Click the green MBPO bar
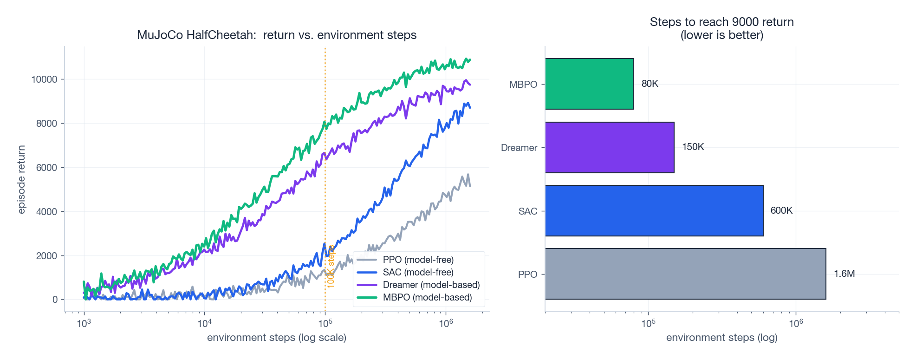pyautogui.click(x=589, y=84)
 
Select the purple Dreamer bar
pyautogui.click(x=609, y=147)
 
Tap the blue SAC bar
pyautogui.click(x=654, y=211)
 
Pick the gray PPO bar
pyautogui.click(x=685, y=274)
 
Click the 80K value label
pyautogui.click(x=650, y=84)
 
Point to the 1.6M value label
pyautogui.click(x=844, y=274)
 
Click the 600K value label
pyautogui.click(x=781, y=210)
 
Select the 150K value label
pyautogui.click(x=693, y=147)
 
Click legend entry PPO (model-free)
pyautogui.click(x=418, y=260)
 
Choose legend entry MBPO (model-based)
pyautogui.click(x=427, y=297)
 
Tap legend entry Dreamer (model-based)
pyautogui.click(x=431, y=285)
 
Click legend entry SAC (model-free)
pyautogui.click(x=418, y=272)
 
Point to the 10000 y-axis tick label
pyautogui.click(x=44, y=79)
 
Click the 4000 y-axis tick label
pyautogui.click(x=46, y=211)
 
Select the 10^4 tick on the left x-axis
pyautogui.click(x=204, y=323)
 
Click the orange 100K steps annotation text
pyautogui.click(x=331, y=267)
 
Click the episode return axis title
pyautogui.click(x=21, y=179)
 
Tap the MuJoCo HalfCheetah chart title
pyautogui.click(x=277, y=35)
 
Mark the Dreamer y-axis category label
pyautogui.click(x=519, y=148)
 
